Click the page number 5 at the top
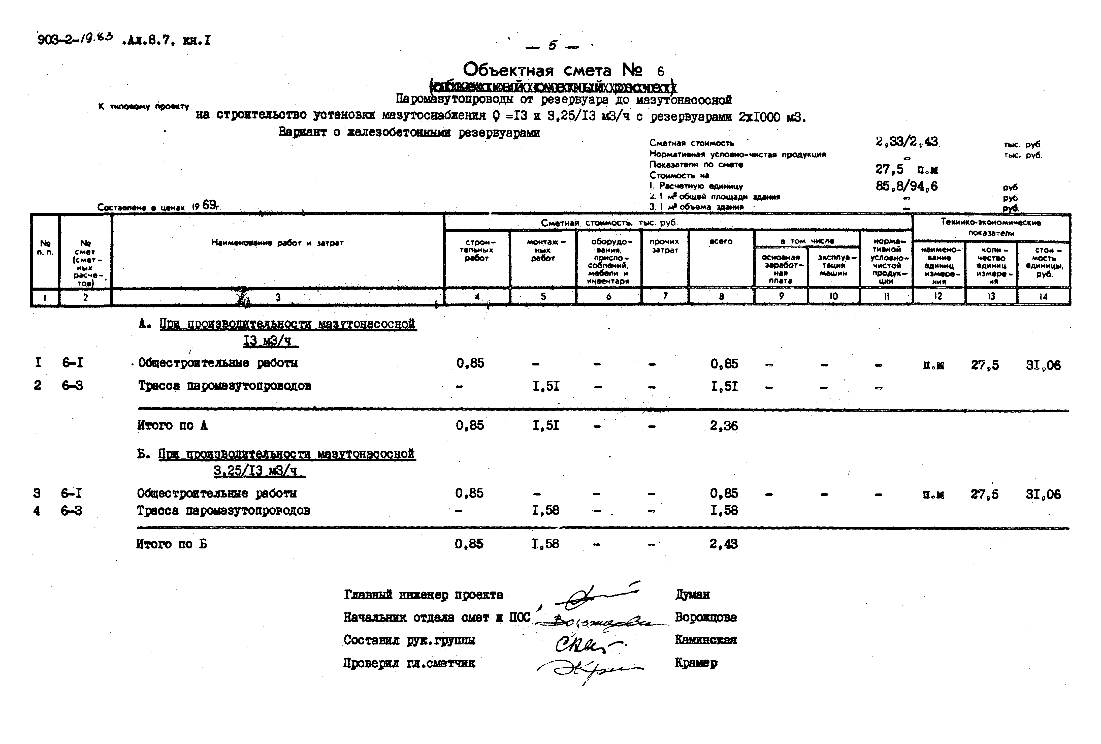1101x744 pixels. pos(553,46)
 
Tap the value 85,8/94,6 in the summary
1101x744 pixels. pos(906,186)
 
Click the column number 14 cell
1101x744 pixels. pos(1043,297)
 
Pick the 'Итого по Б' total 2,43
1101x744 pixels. pos(723,544)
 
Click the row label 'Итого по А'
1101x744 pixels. pos(172,425)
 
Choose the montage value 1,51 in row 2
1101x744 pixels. pos(546,386)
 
